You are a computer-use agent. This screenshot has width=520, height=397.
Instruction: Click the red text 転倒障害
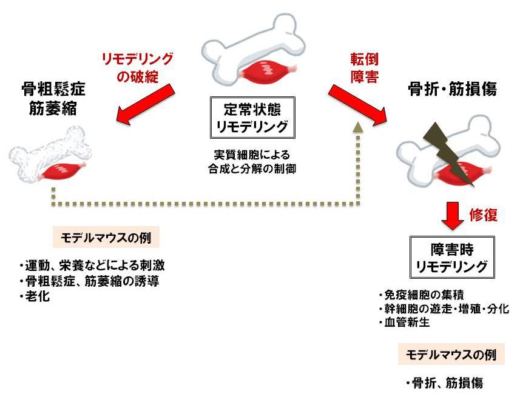click(364, 68)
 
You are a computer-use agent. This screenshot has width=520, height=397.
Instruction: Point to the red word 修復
click(484, 215)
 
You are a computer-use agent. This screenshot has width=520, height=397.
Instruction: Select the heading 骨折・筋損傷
click(453, 90)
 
